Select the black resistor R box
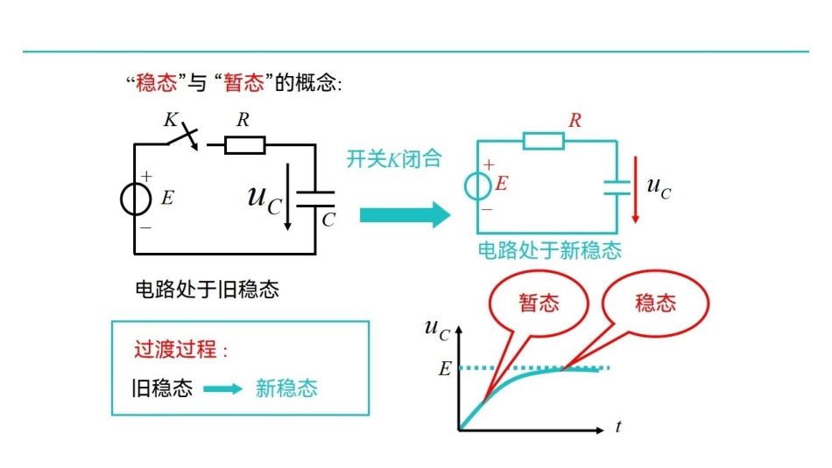(244, 144)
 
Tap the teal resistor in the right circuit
(543, 140)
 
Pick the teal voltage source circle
(479, 185)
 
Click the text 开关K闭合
(393, 159)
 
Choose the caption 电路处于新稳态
(549, 251)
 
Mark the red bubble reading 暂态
(539, 304)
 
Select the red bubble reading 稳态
(655, 304)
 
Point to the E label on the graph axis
(444, 369)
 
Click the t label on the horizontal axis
(618, 427)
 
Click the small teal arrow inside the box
(223, 389)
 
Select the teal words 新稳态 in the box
(286, 388)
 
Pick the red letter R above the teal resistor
(575, 122)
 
